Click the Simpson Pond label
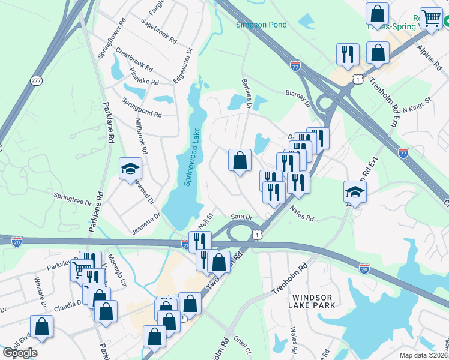[x=261, y=25]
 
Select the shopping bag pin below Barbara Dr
[x=240, y=160]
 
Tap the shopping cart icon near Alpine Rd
[x=432, y=19]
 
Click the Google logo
[x=20, y=353]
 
